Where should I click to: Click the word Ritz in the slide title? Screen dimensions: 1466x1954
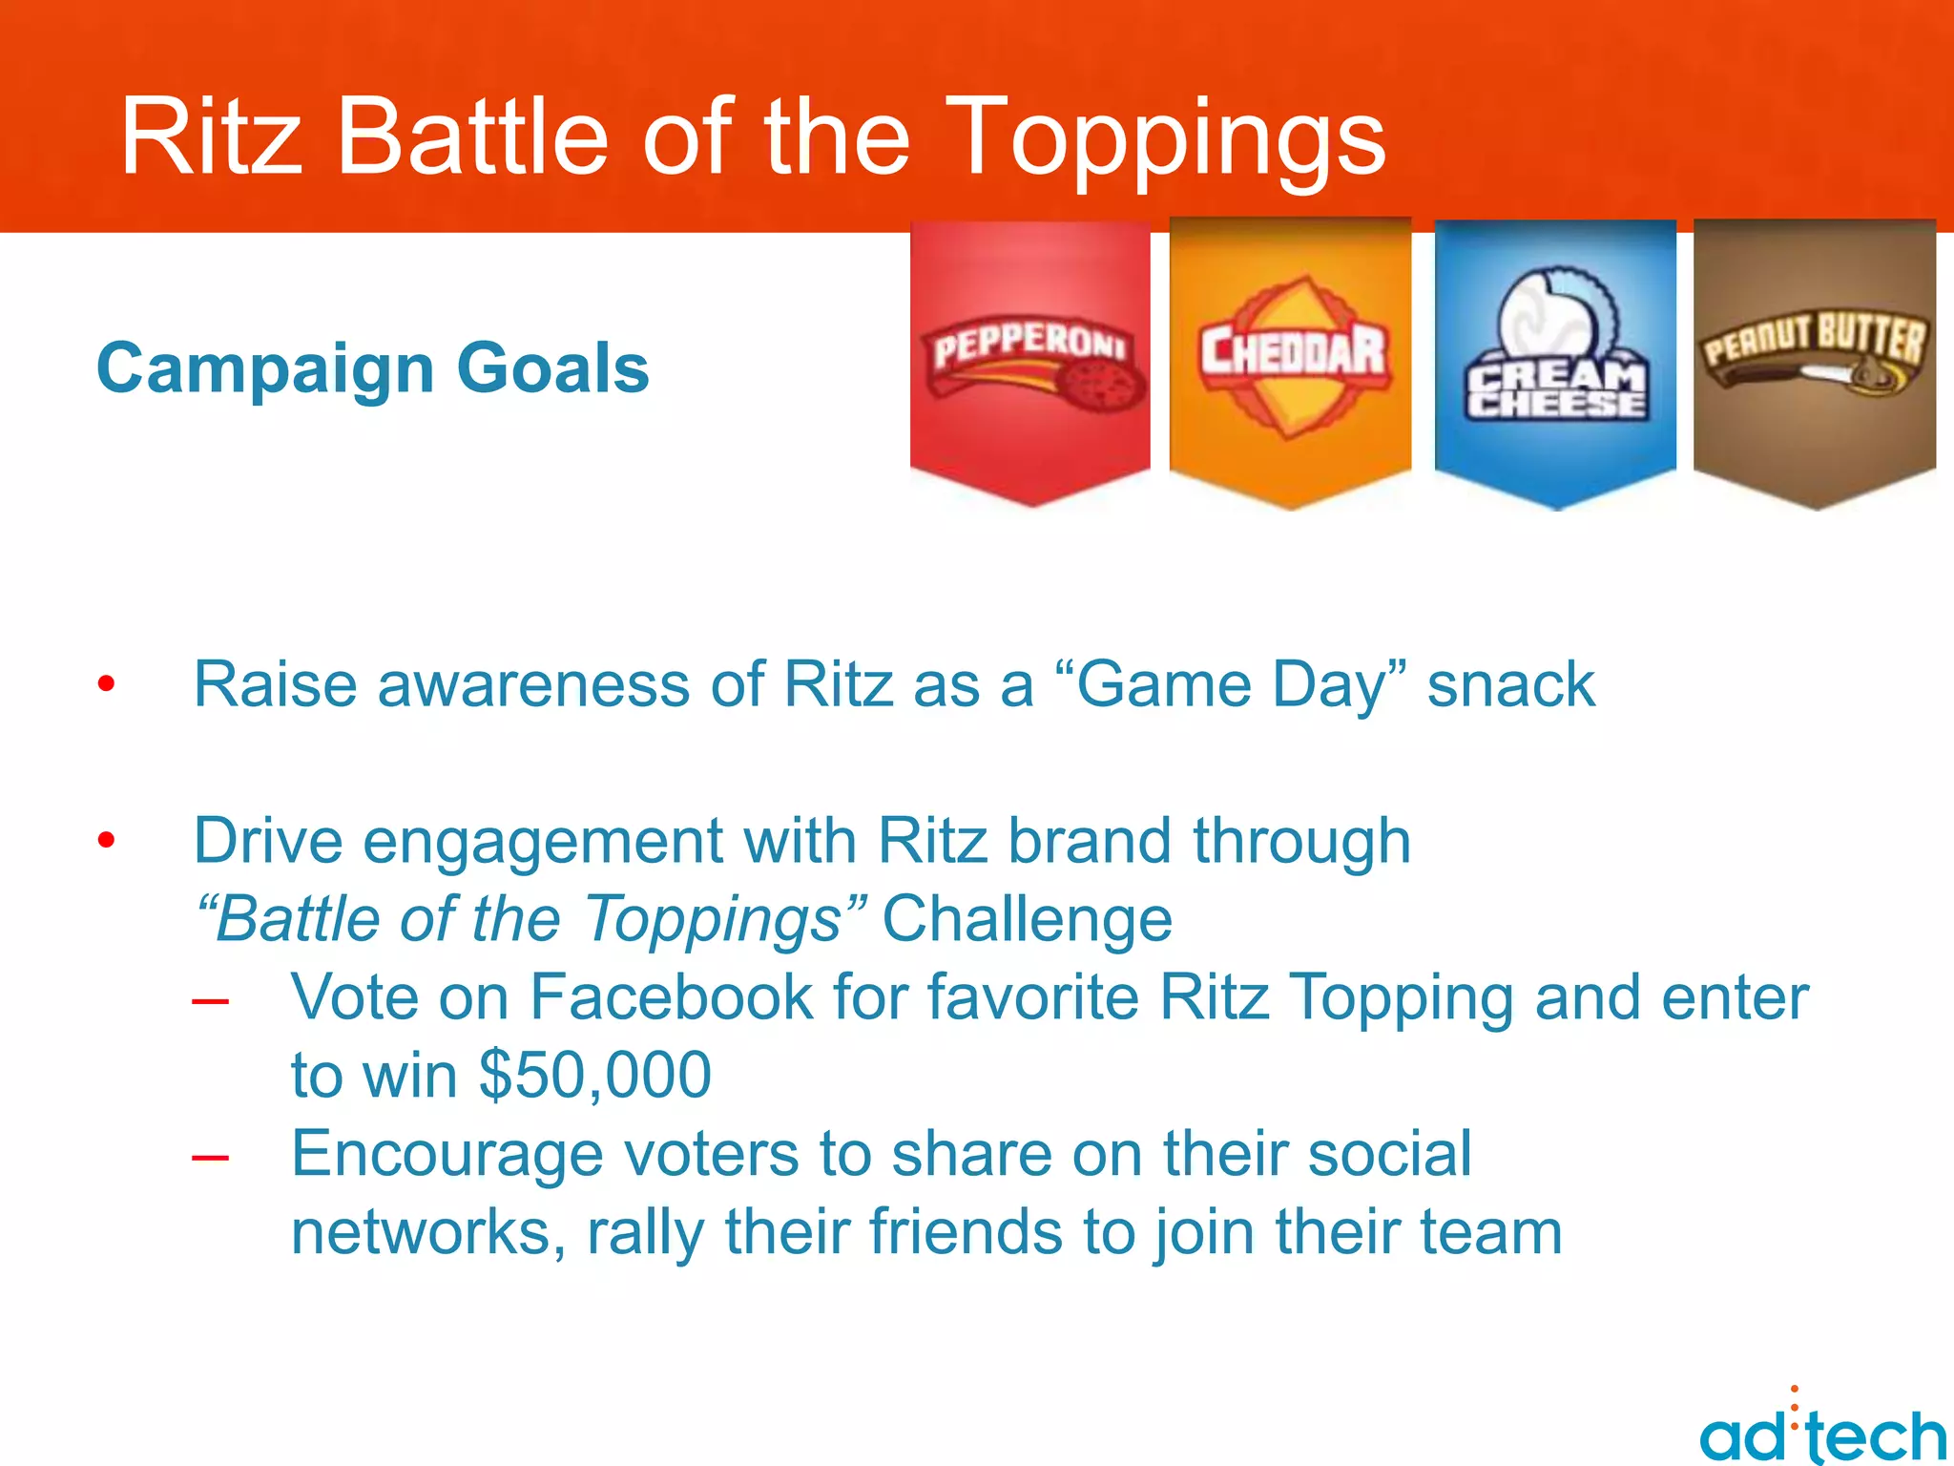(x=212, y=138)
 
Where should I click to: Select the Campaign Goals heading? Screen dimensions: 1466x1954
(x=373, y=368)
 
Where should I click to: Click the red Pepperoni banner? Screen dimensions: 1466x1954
(x=1030, y=363)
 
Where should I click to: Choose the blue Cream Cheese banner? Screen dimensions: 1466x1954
(x=1555, y=363)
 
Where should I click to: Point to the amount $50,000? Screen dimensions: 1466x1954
(x=594, y=1076)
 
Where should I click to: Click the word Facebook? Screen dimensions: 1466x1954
(x=672, y=997)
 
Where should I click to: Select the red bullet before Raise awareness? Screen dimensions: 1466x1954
(x=106, y=683)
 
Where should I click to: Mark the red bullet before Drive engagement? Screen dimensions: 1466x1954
(x=106, y=840)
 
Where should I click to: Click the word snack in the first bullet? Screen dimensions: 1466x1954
(x=1510, y=685)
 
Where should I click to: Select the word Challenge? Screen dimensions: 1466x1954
(x=1027, y=919)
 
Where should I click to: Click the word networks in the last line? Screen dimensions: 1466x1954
(x=421, y=1232)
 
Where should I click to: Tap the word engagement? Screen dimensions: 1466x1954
(x=542, y=842)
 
